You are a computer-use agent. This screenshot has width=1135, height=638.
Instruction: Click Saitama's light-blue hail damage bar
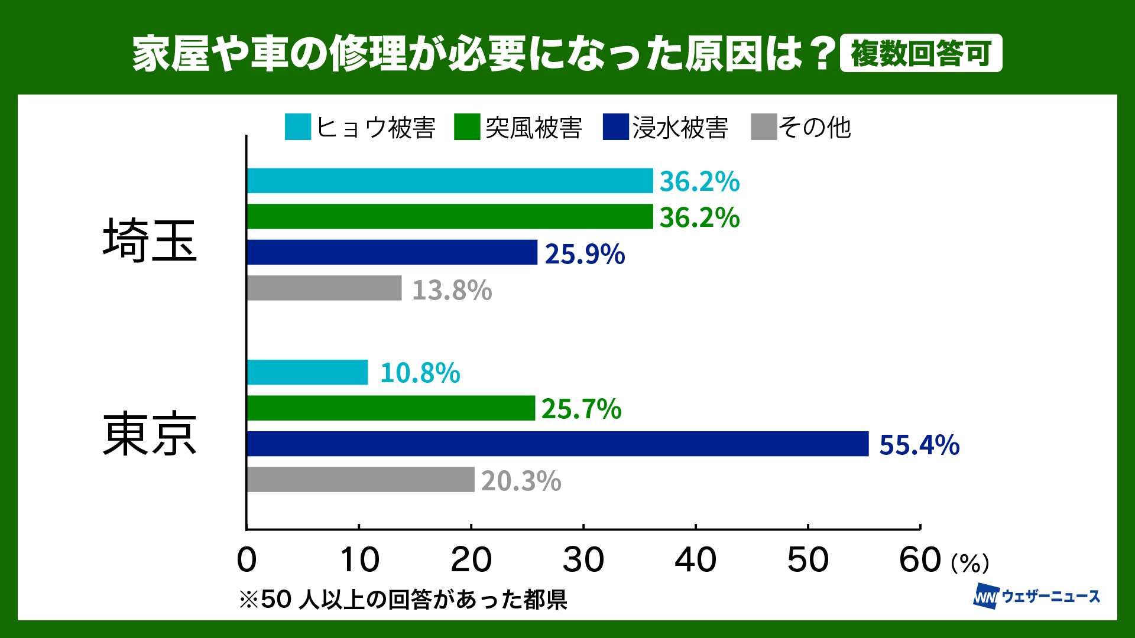click(x=449, y=181)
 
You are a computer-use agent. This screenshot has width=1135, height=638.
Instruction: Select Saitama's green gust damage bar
click(x=449, y=217)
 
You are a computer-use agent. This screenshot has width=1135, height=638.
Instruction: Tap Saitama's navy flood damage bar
click(x=392, y=252)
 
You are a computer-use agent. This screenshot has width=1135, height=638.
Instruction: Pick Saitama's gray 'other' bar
click(x=324, y=288)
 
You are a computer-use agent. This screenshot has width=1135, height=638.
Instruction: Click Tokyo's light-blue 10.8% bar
click(x=307, y=372)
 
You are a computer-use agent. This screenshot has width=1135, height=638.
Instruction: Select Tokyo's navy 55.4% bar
click(x=557, y=444)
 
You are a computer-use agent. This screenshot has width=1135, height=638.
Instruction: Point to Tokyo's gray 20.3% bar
click(x=361, y=480)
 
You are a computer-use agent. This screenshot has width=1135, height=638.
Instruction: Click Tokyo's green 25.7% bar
click(x=391, y=408)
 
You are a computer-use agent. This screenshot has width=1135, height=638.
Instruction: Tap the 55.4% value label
click(x=919, y=445)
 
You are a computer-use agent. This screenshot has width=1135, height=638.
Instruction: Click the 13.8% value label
click(x=452, y=290)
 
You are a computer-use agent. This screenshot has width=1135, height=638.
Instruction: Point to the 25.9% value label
click(x=585, y=254)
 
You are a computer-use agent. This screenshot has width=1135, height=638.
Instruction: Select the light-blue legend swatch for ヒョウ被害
click(x=297, y=127)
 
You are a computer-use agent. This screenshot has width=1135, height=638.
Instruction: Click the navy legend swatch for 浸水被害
click(x=615, y=127)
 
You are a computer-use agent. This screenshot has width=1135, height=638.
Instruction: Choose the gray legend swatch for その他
click(x=763, y=127)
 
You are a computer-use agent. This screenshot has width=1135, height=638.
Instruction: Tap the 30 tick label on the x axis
click(x=583, y=560)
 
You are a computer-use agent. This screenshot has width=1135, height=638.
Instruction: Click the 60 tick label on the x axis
click(x=920, y=560)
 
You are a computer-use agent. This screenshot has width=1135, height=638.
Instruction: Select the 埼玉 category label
click(x=150, y=240)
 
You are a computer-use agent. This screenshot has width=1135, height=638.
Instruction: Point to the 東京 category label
click(x=150, y=435)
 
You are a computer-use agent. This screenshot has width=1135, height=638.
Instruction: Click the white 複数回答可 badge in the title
click(x=920, y=54)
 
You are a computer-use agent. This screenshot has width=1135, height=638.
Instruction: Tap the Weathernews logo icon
click(x=985, y=596)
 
